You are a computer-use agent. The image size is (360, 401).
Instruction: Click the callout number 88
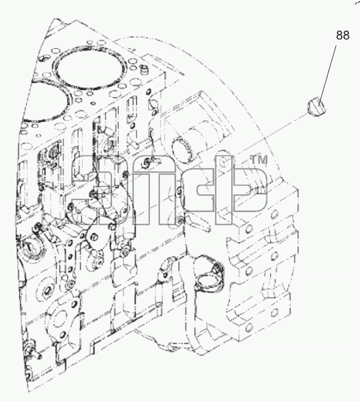(342, 35)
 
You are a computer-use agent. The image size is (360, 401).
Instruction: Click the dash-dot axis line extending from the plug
(271, 134)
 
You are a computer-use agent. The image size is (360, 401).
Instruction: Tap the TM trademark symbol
(259, 160)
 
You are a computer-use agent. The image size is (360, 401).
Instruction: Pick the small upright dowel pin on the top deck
(144, 70)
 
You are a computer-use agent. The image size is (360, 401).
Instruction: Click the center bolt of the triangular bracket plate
(94, 237)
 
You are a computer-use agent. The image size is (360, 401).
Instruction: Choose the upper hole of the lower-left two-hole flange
(75, 304)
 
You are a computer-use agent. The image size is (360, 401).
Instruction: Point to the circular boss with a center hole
(46, 291)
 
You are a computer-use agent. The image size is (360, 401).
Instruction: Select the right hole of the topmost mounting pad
(275, 214)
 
